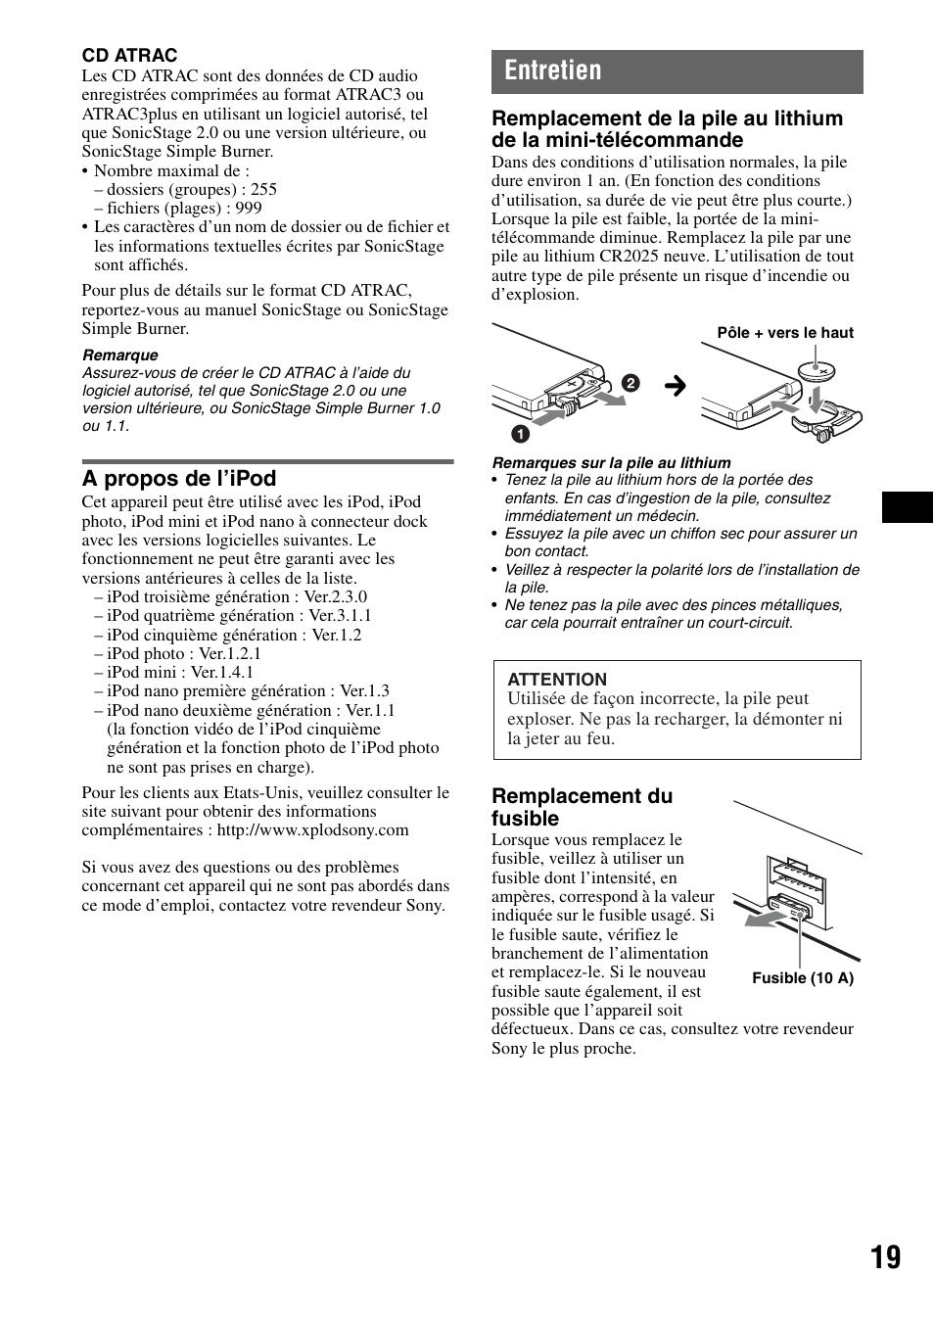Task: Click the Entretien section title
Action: coord(554,71)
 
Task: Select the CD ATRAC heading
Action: coord(129,56)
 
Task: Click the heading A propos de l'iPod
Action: coord(179,478)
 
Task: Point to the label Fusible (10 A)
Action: coord(803,978)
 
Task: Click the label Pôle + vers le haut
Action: coord(785,333)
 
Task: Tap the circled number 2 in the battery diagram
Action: coord(630,383)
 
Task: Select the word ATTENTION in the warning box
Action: coord(557,680)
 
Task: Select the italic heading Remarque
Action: coord(119,355)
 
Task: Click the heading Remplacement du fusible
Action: coord(582,807)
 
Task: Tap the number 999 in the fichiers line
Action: coord(249,208)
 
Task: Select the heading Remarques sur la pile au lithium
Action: coord(611,462)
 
